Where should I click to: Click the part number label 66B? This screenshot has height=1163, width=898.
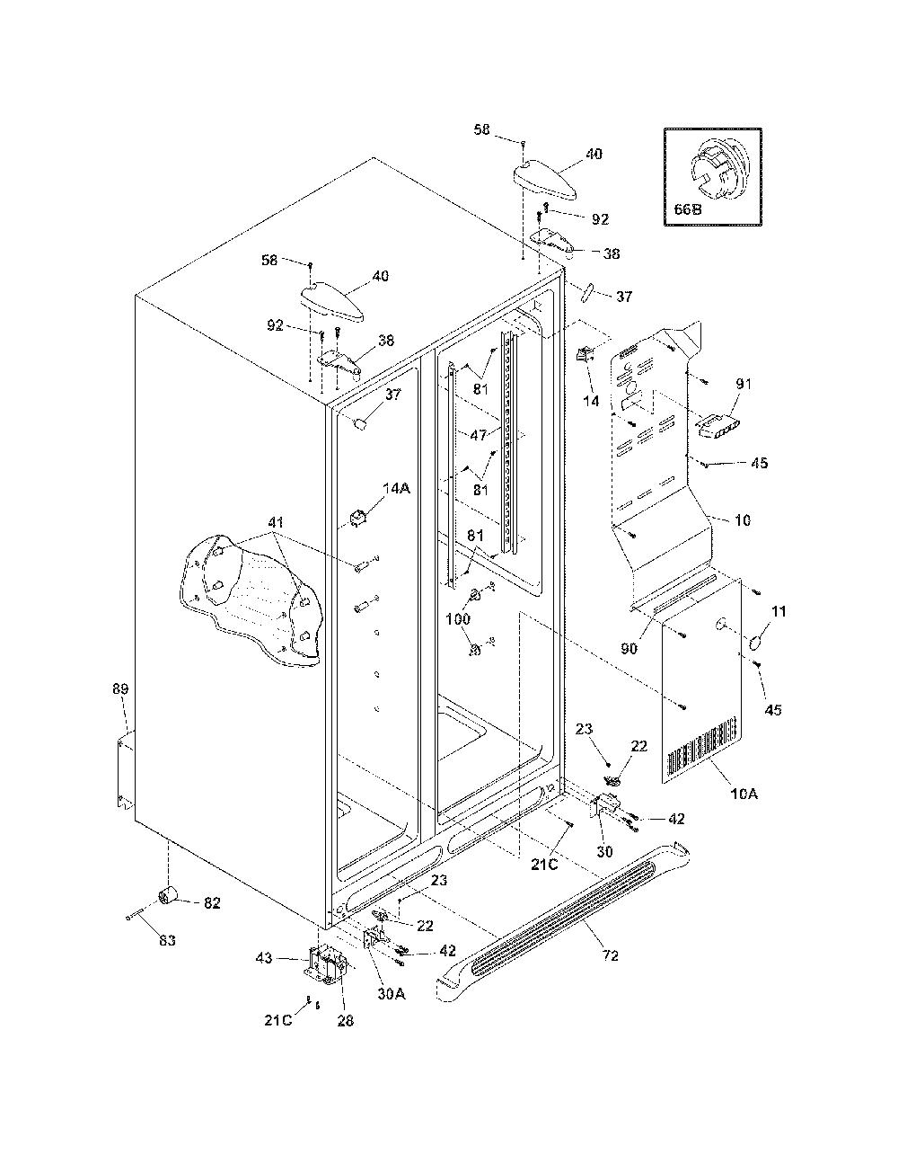(688, 209)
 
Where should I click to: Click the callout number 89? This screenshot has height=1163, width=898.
(120, 688)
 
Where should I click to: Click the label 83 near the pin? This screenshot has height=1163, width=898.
(167, 940)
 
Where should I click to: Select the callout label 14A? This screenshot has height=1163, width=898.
(396, 488)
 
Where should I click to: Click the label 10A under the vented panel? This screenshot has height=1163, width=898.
(744, 808)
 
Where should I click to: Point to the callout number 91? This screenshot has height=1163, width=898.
(744, 384)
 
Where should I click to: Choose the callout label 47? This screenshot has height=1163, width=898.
(479, 435)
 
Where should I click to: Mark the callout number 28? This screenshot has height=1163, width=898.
(346, 1021)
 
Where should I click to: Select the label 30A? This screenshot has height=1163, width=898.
(392, 993)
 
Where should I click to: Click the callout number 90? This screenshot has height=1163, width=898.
(629, 648)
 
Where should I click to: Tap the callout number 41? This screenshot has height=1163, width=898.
(276, 522)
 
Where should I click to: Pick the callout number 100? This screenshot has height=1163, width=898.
(458, 619)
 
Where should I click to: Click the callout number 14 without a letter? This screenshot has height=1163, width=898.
(591, 401)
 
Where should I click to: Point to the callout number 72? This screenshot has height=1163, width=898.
(611, 955)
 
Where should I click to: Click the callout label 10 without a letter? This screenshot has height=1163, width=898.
(743, 519)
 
